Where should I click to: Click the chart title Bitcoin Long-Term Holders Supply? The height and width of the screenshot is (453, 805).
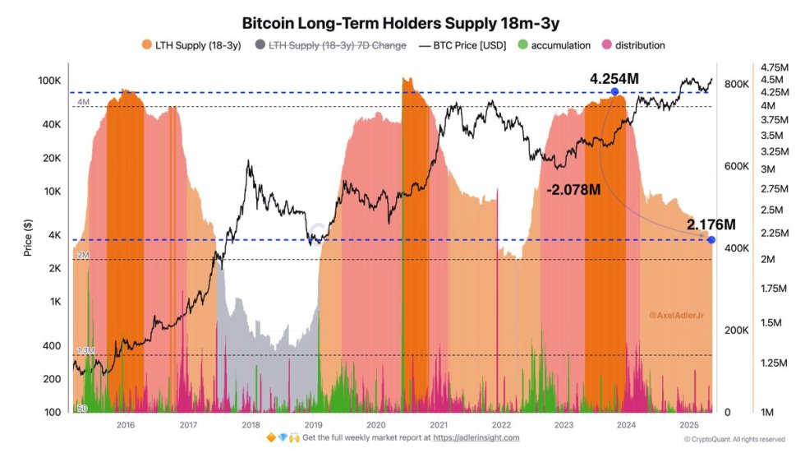tap(401, 21)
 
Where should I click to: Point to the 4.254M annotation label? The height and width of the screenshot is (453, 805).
tap(614, 78)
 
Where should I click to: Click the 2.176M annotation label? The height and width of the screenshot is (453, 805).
tap(711, 224)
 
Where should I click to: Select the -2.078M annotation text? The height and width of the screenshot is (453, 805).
tap(574, 189)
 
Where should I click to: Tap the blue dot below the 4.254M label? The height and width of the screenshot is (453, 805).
tap(614, 91)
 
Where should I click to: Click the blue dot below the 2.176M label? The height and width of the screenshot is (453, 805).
tap(711, 239)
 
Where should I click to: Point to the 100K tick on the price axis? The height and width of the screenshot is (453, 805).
tap(51, 81)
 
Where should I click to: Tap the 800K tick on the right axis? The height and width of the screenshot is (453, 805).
tap(735, 85)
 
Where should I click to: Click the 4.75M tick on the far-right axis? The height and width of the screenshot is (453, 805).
tap(775, 67)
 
